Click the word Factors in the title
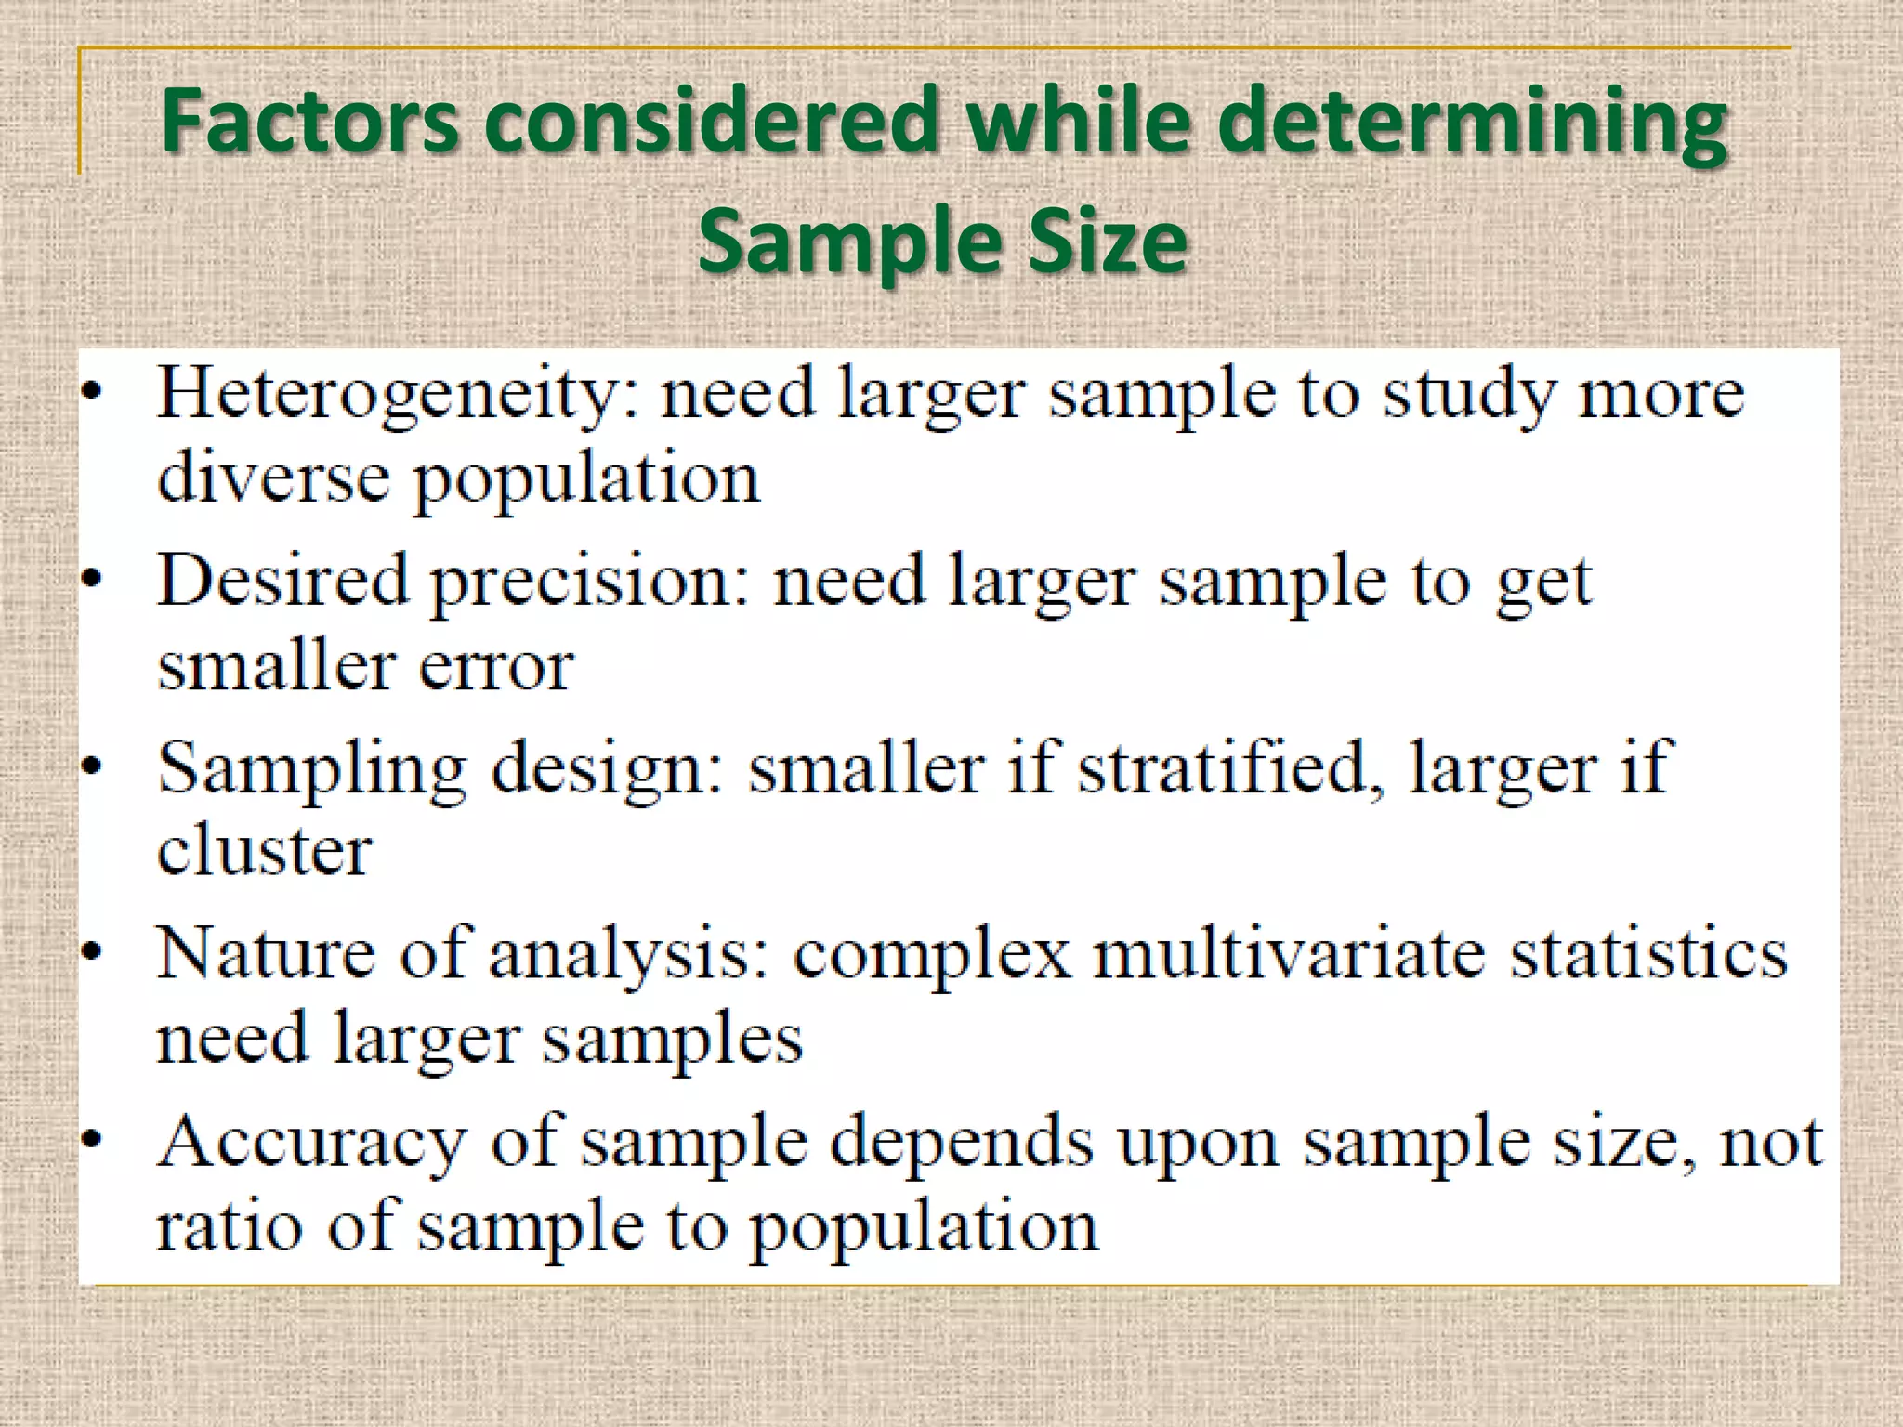click(310, 120)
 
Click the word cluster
click(265, 850)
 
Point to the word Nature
click(266, 953)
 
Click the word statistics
click(1647, 953)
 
